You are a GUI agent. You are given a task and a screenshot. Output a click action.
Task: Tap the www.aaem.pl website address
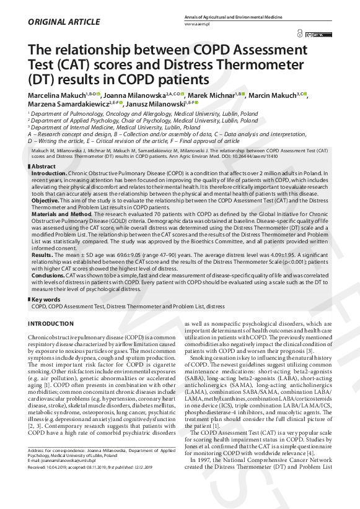click(x=198, y=24)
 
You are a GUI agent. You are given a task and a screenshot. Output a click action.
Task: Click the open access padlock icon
click(x=301, y=35)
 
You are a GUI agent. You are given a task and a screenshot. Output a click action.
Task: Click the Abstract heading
click(x=43, y=167)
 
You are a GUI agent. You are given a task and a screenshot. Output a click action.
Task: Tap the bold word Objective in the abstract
click(x=45, y=201)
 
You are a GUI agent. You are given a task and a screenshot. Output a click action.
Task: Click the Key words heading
click(x=46, y=300)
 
